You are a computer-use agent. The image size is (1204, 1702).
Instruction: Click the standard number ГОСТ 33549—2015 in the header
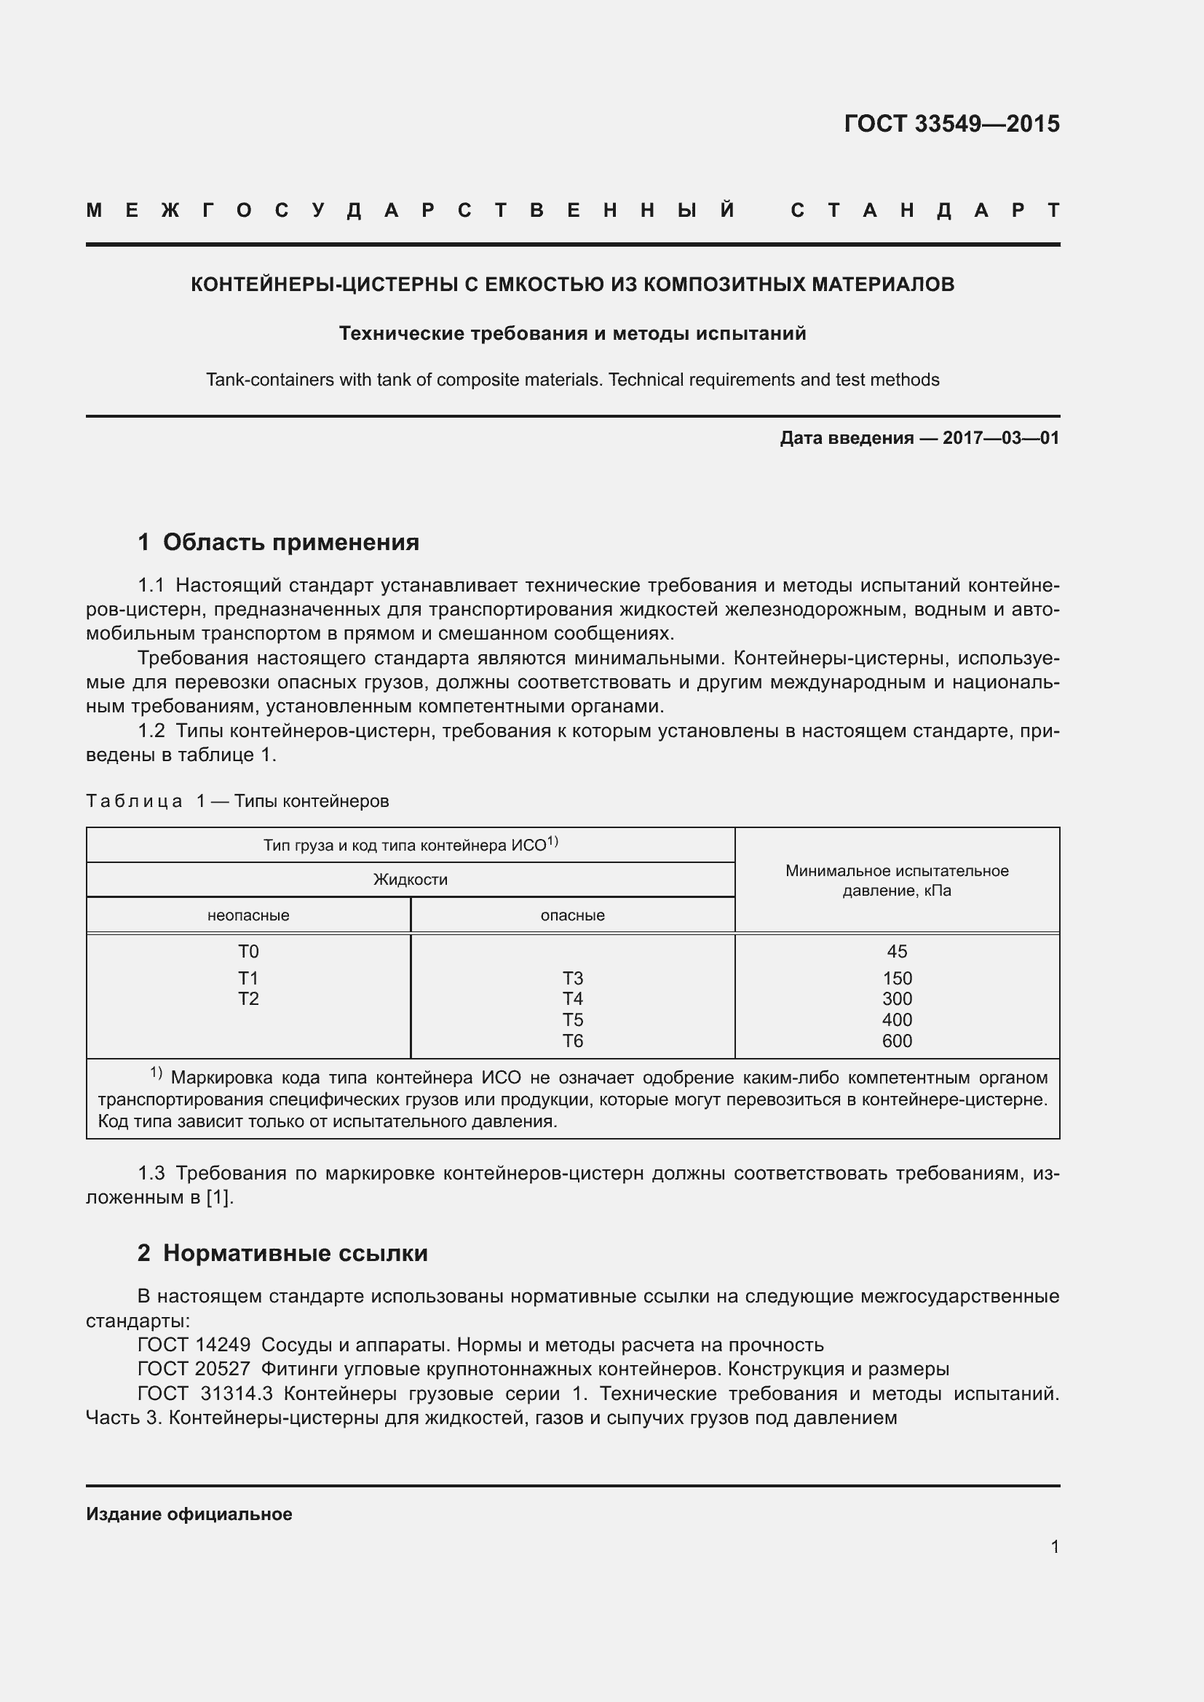click(x=951, y=124)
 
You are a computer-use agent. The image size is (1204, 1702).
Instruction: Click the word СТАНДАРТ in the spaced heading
click(x=924, y=211)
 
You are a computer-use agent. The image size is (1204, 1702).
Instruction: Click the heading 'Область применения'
click(x=290, y=543)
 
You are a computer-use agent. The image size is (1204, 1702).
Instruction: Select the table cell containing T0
click(x=248, y=952)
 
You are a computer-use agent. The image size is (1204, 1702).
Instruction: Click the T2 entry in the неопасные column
click(x=248, y=999)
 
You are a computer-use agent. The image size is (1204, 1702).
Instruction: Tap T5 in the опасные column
click(x=572, y=1020)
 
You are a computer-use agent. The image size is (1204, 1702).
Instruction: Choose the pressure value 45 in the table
click(x=896, y=952)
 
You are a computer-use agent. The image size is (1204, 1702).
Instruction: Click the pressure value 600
click(x=896, y=1041)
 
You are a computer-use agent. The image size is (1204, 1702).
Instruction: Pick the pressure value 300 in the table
click(x=896, y=999)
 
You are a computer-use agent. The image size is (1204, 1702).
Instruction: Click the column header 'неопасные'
click(x=248, y=915)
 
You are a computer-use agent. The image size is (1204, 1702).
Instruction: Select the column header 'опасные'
click(x=572, y=915)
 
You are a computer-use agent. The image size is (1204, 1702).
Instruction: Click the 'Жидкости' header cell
click(x=410, y=880)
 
